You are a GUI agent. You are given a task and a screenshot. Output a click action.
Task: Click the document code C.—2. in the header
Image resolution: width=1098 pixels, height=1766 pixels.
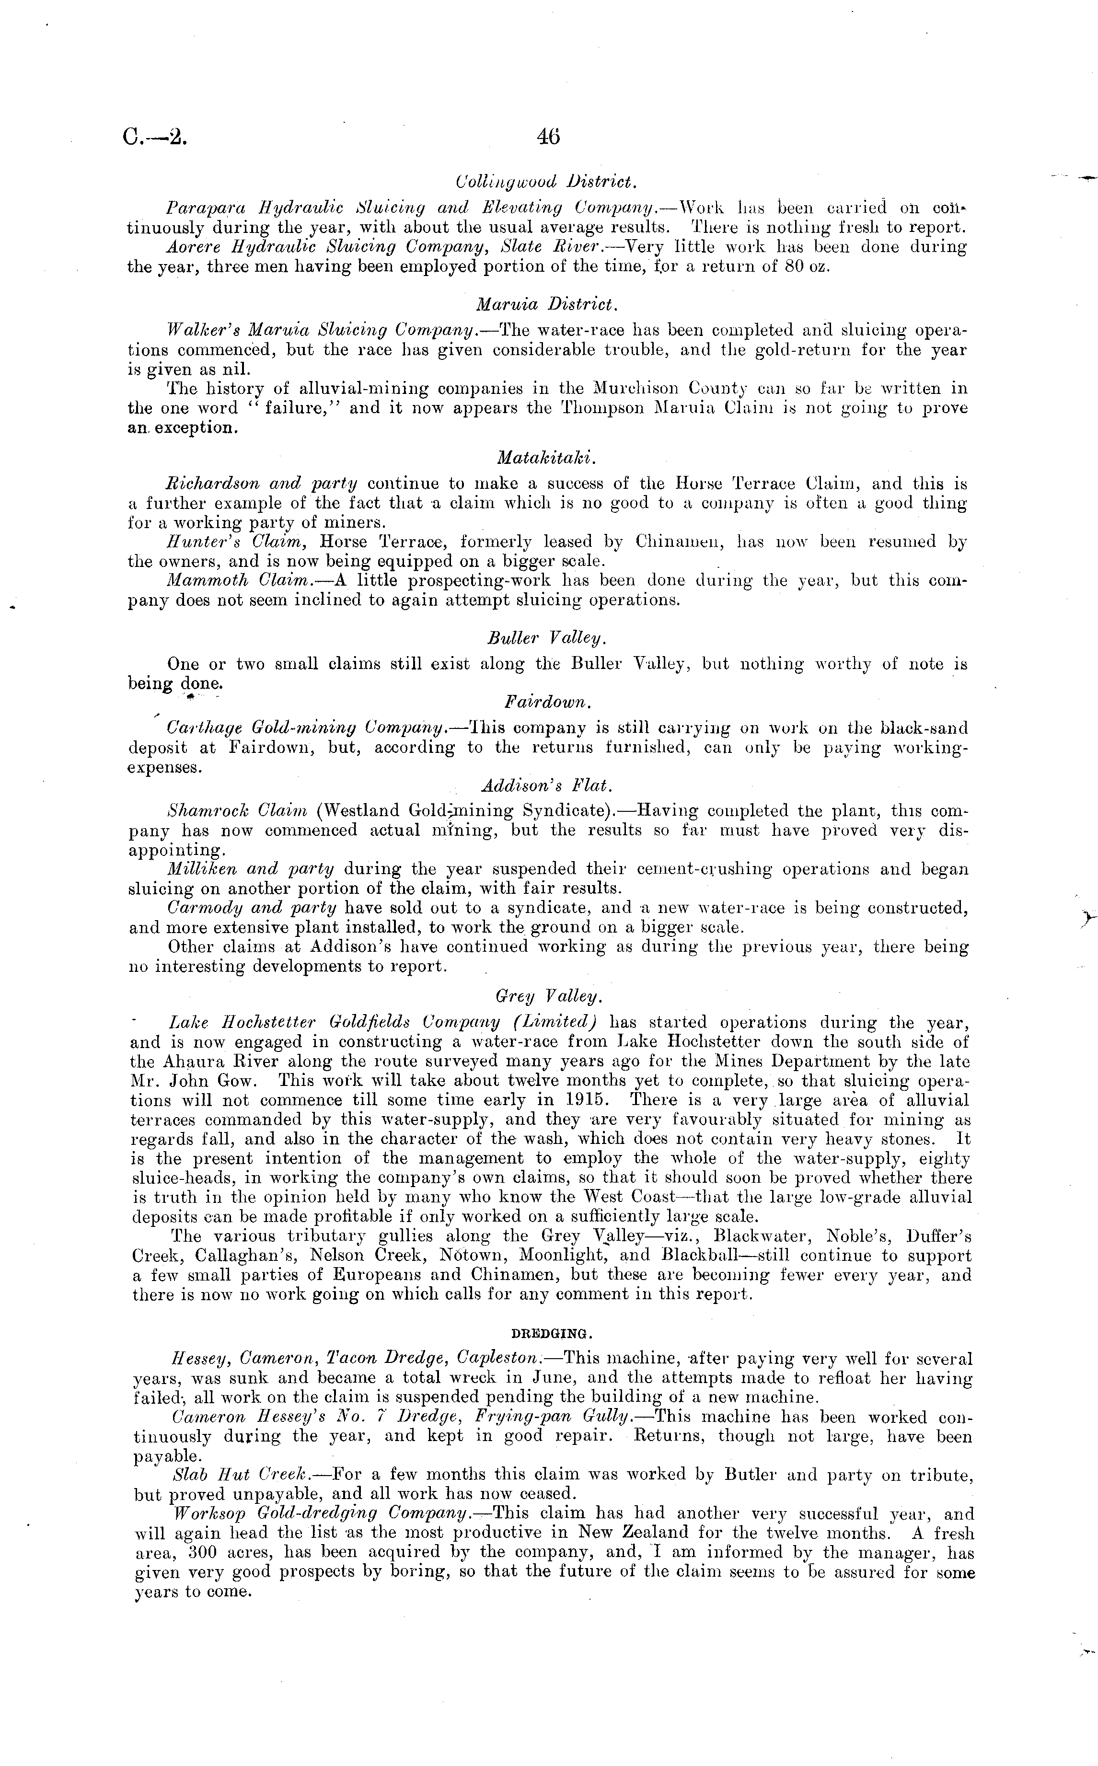[x=155, y=137]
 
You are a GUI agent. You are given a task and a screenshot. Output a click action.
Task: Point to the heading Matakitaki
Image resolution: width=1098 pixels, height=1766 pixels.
[x=547, y=458]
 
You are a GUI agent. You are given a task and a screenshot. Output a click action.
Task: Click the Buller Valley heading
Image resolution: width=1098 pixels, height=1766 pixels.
[x=547, y=638]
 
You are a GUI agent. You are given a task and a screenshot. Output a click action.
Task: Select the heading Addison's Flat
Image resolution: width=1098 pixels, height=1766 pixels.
[x=547, y=785]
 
